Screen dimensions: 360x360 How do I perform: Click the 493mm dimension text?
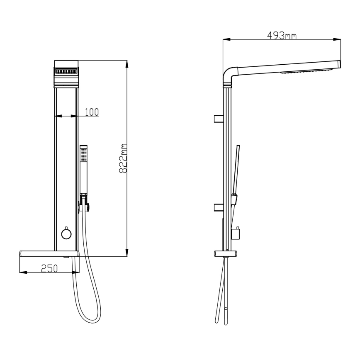click(x=282, y=36)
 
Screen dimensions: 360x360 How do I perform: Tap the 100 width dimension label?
click(x=92, y=112)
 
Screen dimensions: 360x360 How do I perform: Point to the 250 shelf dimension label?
click(x=49, y=268)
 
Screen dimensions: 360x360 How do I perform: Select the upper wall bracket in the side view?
click(x=219, y=119)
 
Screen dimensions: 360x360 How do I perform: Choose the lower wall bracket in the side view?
click(x=219, y=207)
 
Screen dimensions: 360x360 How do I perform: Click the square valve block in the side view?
click(x=238, y=234)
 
